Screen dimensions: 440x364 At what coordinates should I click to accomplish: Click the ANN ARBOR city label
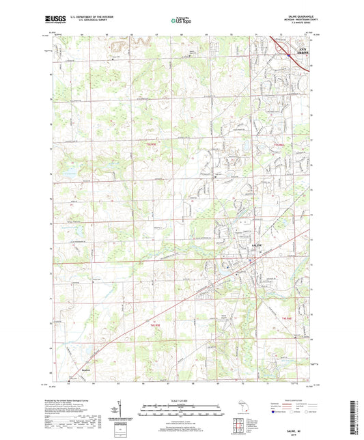(301, 49)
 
